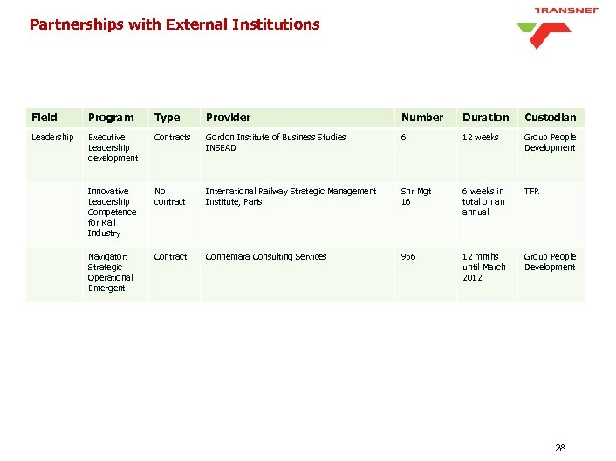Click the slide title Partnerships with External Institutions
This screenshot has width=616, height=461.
(x=175, y=24)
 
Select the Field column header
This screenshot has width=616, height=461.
(x=44, y=118)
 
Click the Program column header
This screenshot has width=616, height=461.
(x=111, y=118)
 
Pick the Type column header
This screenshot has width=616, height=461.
(x=167, y=118)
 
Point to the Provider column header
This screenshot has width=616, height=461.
(x=228, y=118)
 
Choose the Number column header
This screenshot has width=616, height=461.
(x=422, y=118)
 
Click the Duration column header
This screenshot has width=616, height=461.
(x=486, y=118)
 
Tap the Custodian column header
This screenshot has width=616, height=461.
(x=550, y=118)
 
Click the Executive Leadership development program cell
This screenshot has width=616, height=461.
(x=113, y=147)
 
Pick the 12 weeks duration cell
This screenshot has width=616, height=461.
(x=481, y=138)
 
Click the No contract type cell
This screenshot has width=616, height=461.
(x=169, y=196)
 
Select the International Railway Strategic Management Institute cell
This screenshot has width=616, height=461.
(x=291, y=196)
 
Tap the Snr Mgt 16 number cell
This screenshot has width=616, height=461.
(x=415, y=196)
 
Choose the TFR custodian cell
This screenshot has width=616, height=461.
(x=531, y=191)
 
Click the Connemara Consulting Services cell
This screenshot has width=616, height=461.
(x=265, y=257)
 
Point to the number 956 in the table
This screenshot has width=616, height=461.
(x=408, y=257)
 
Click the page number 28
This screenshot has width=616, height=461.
(x=560, y=448)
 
